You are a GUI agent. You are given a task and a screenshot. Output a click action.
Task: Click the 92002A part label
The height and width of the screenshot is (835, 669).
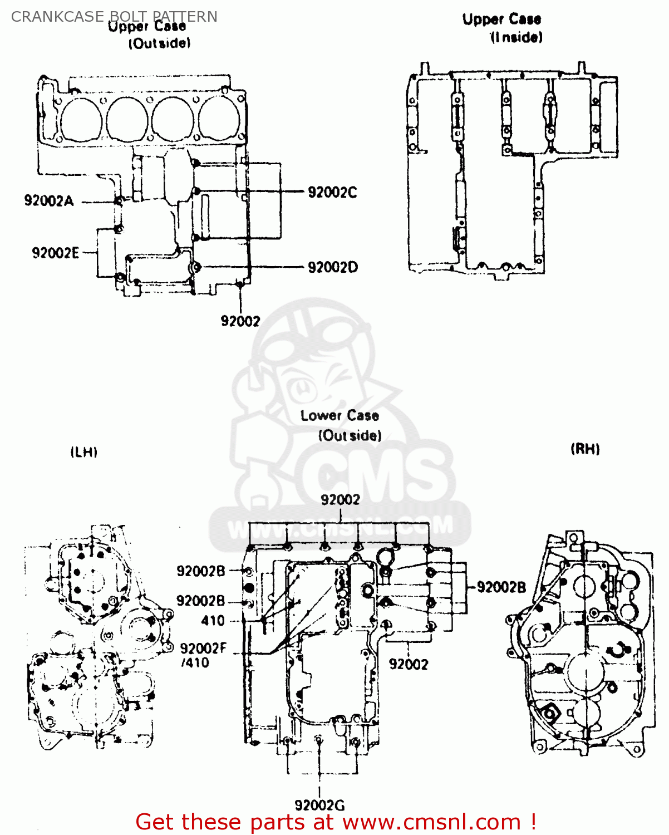(x=48, y=201)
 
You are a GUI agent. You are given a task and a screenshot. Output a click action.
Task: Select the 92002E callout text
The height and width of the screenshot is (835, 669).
(x=55, y=253)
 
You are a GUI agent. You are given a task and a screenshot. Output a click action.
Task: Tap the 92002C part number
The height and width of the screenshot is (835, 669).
(x=332, y=193)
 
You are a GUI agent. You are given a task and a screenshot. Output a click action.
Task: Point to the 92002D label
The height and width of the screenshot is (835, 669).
(x=333, y=268)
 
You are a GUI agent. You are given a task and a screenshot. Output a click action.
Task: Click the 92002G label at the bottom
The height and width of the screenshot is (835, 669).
(x=319, y=805)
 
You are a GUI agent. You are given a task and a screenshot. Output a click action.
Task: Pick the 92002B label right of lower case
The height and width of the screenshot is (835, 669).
(x=501, y=587)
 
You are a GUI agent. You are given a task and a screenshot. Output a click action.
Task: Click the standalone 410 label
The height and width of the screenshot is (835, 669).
(x=213, y=621)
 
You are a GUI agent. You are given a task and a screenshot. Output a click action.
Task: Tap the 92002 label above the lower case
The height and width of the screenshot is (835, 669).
(x=340, y=500)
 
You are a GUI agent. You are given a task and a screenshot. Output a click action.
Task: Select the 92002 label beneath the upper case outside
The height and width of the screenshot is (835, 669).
(x=240, y=321)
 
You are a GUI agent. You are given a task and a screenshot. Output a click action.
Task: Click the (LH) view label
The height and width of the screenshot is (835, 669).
(x=84, y=452)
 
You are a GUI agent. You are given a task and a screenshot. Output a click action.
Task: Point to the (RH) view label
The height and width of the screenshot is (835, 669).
(x=585, y=449)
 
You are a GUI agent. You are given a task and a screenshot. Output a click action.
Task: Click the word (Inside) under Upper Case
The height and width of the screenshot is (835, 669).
(x=516, y=37)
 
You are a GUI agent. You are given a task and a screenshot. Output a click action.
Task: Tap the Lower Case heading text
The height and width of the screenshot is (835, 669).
(x=340, y=416)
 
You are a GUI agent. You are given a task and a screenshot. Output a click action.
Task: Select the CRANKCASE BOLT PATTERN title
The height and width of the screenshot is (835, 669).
(x=114, y=17)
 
